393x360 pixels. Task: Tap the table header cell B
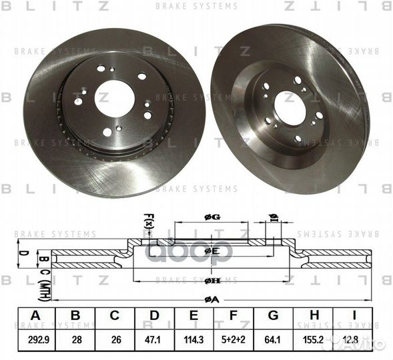pyautogui.click(x=75, y=316)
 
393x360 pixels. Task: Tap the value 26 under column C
pyautogui.click(x=115, y=339)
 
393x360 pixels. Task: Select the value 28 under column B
pyautogui.click(x=75, y=339)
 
